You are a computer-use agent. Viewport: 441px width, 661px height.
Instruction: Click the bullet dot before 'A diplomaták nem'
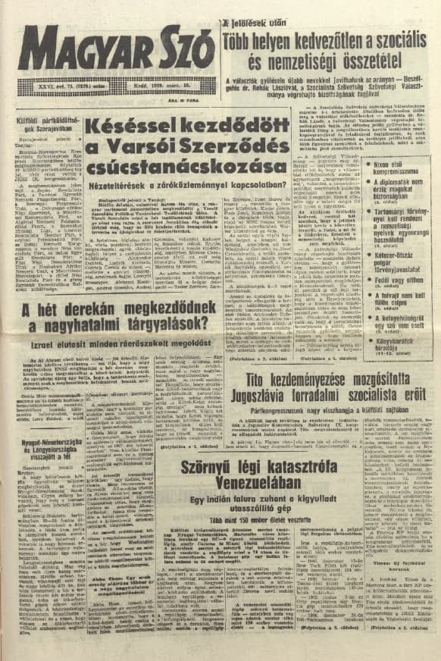(x=367, y=183)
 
